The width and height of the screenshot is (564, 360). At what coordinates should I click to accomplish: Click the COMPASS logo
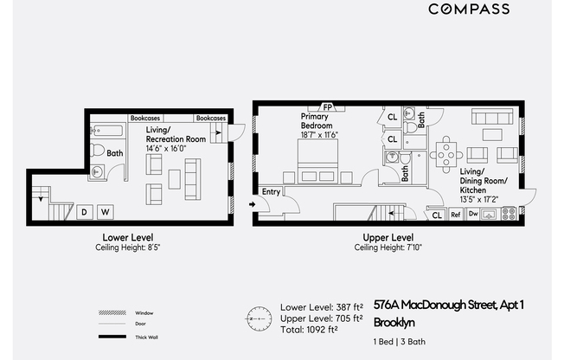[469, 9]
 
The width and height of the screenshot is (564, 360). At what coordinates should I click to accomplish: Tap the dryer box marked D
[85, 212]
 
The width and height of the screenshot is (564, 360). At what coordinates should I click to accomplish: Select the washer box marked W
[106, 212]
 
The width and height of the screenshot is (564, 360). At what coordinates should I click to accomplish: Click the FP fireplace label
[327, 107]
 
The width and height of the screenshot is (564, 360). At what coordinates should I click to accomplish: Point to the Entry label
[271, 192]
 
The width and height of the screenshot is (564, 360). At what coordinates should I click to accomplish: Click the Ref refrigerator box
[456, 215]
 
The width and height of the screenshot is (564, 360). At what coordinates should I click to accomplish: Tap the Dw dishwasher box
[473, 214]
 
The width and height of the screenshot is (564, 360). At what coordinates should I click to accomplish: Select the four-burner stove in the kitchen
[509, 214]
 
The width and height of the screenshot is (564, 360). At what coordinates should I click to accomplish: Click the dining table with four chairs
[446, 155]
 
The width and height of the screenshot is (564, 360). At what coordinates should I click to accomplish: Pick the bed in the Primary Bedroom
[318, 161]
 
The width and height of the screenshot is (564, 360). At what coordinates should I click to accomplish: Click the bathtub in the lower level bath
[107, 131]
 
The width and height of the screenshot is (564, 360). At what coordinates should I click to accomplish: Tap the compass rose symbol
[259, 319]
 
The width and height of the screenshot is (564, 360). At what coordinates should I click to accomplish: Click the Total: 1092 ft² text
[309, 330]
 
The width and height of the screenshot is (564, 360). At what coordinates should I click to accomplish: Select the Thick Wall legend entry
[128, 337]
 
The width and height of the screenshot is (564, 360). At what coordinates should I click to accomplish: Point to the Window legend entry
[126, 313]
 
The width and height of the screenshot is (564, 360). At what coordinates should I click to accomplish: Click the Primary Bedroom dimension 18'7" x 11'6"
[319, 135]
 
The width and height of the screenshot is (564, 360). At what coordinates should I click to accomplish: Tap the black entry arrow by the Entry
[252, 204]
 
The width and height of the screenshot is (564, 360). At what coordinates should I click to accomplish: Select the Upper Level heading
[388, 238]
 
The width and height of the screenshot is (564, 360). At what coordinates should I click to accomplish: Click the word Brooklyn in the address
[394, 322]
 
